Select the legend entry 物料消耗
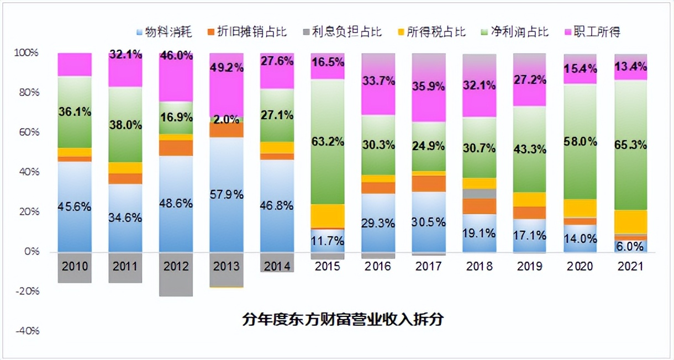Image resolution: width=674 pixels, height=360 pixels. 164,31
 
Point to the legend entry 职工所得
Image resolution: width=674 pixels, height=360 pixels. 594,31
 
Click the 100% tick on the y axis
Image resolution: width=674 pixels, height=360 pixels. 26,53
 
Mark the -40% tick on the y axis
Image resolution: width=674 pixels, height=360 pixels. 26,331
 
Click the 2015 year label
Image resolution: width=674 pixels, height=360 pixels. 328,267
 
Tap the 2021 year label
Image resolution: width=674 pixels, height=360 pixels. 630,267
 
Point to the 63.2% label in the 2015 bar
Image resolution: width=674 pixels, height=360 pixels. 328,141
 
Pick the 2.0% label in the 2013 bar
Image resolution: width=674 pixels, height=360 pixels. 226,119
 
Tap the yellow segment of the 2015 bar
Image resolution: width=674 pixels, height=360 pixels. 328,215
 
